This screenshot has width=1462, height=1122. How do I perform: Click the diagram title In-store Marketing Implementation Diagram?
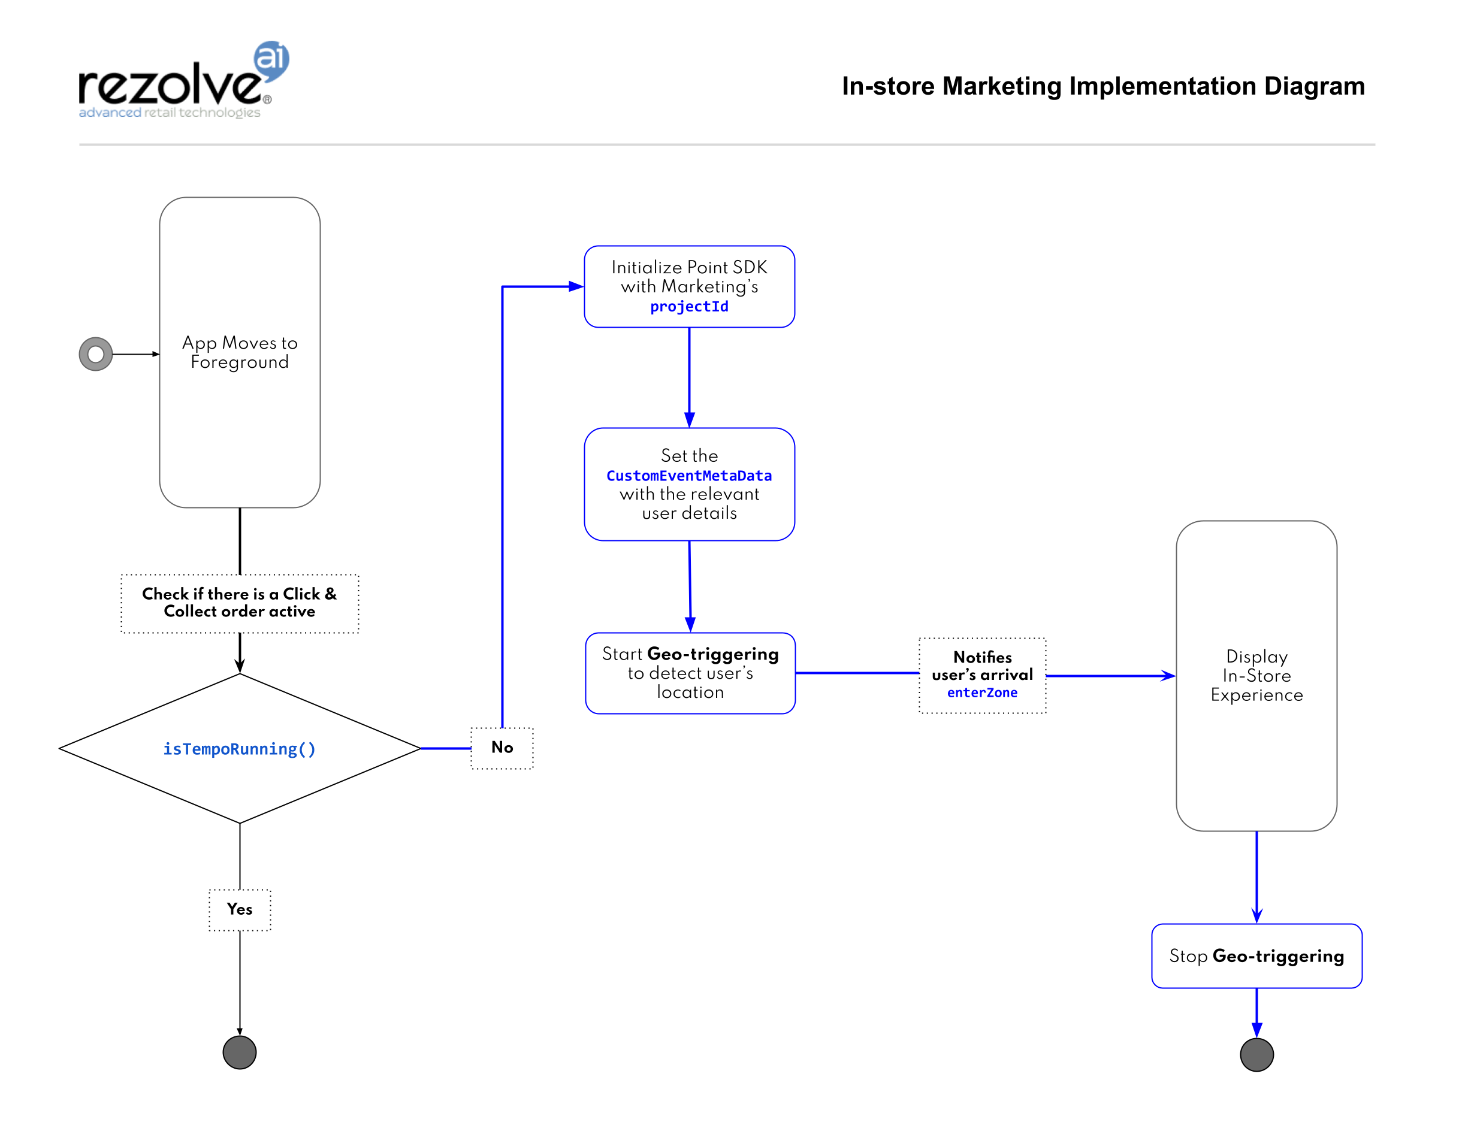click(x=1102, y=86)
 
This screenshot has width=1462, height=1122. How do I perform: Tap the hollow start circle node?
click(x=95, y=354)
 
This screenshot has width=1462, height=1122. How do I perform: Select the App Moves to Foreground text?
click(x=240, y=352)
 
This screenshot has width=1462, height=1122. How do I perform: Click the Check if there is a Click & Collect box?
click(x=240, y=603)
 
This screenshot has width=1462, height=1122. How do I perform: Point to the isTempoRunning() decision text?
click(x=239, y=749)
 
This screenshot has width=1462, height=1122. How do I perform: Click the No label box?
click(x=502, y=748)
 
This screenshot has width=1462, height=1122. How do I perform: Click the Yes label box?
click(x=240, y=909)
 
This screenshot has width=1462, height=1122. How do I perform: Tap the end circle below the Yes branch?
click(x=240, y=1053)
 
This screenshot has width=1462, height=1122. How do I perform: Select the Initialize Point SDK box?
click(x=689, y=286)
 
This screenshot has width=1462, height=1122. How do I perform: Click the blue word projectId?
click(x=689, y=307)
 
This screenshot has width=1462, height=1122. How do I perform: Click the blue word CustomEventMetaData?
click(x=689, y=476)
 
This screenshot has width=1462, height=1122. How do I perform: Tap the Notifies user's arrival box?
click(x=983, y=675)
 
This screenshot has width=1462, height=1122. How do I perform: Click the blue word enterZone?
click(x=983, y=693)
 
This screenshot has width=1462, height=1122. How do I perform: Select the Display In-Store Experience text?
click(x=1256, y=675)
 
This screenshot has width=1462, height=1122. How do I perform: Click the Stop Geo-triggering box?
click(x=1256, y=955)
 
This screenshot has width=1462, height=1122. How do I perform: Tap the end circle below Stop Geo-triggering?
click(x=1257, y=1054)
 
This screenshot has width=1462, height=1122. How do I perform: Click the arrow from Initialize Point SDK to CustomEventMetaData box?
click(x=689, y=377)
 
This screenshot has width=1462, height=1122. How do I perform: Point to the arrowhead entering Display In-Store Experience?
click(x=1169, y=676)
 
